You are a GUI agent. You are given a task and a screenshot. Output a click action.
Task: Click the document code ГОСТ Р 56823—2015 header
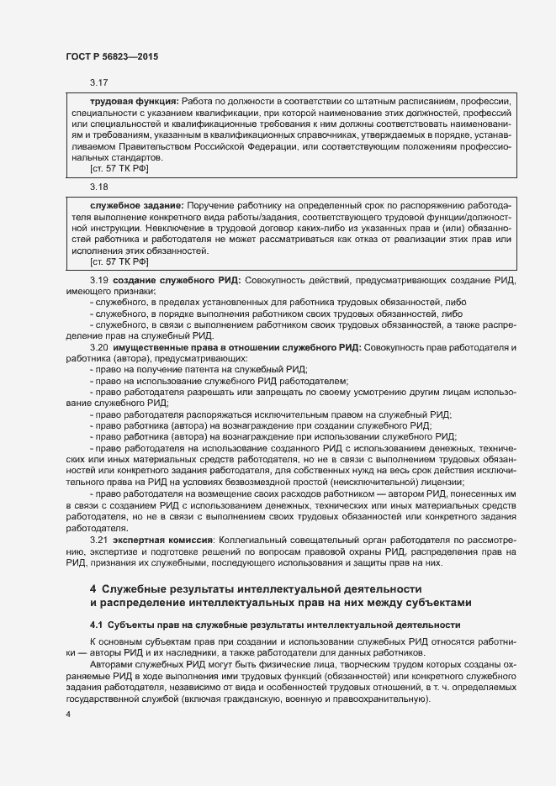tap(112, 56)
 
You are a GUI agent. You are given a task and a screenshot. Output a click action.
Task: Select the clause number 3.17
tap(99, 82)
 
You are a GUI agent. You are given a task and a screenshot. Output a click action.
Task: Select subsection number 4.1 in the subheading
tap(97, 625)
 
